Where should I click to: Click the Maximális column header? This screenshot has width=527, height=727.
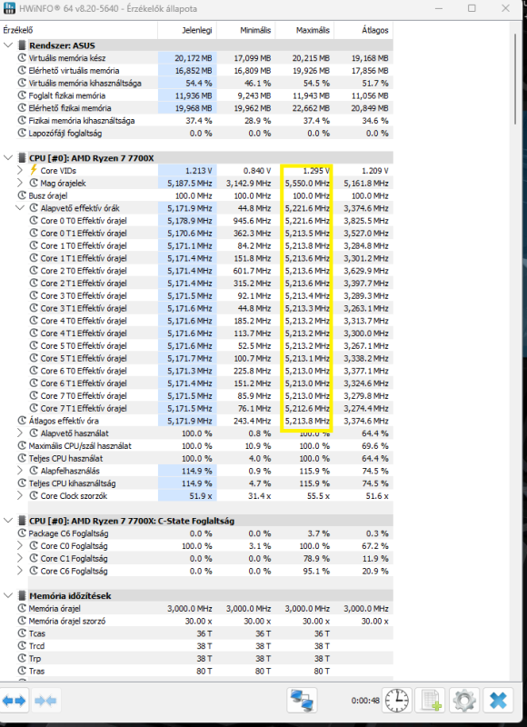[313, 30]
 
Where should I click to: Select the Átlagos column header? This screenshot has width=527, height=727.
[375, 30]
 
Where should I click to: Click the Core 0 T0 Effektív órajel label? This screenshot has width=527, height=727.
[84, 221]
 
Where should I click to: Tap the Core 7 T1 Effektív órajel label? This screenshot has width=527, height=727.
[84, 408]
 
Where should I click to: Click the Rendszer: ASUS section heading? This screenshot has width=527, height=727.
[62, 45]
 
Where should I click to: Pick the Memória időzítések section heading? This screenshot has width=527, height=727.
[70, 596]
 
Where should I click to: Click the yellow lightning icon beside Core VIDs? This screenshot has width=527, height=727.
[34, 170]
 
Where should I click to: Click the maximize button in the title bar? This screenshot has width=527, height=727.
[472, 8]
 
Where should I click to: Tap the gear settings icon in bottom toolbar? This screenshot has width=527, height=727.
[464, 700]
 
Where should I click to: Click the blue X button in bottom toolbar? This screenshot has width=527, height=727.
[498, 700]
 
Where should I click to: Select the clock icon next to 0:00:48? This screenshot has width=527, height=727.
[397, 700]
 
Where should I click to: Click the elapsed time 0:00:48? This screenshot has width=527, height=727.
[365, 701]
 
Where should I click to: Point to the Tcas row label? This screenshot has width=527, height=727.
[37, 633]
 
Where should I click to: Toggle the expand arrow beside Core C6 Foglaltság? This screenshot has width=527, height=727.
[20, 571]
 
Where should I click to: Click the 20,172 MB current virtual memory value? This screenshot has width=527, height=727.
[194, 58]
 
